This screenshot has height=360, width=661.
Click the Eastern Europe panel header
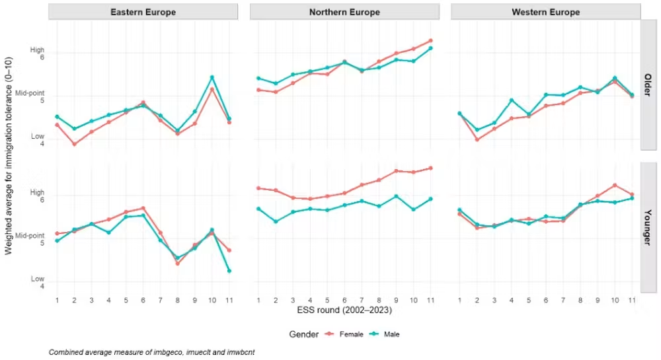(x=143, y=12)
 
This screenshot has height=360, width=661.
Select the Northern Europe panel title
(x=344, y=12)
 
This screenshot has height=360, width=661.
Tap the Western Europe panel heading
(x=545, y=12)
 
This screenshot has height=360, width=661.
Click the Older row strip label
(x=648, y=85)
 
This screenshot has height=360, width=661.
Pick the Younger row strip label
(x=648, y=227)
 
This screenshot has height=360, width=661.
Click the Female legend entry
(x=344, y=334)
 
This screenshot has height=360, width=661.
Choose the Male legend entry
(x=385, y=334)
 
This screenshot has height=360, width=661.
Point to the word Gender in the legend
(x=303, y=334)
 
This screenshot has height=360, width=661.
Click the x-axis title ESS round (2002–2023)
(x=344, y=310)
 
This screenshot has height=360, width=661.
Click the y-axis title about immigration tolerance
(x=9, y=156)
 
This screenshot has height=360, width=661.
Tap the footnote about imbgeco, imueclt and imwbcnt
(x=152, y=352)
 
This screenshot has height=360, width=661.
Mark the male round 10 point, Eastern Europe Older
(x=212, y=77)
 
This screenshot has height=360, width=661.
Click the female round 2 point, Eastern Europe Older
(x=75, y=144)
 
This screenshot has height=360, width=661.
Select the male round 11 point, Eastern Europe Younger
(x=229, y=271)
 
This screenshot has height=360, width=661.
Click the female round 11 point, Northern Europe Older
(x=430, y=41)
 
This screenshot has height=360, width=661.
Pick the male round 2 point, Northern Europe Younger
(x=276, y=221)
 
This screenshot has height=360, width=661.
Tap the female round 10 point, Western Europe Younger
(x=615, y=185)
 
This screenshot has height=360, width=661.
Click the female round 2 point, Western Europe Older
(x=477, y=139)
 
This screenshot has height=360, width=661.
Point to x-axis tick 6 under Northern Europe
(x=344, y=300)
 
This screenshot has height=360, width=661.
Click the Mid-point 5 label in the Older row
(x=30, y=96)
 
